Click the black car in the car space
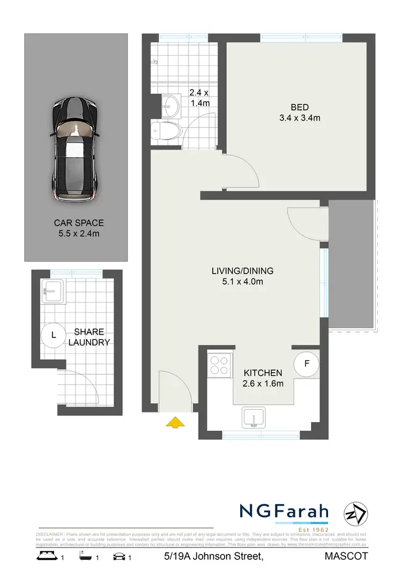pyautogui.click(x=76, y=150)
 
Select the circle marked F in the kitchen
pyautogui.click(x=307, y=364)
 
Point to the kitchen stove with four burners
pyautogui.click(x=220, y=364)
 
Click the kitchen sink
pyautogui.click(x=254, y=417)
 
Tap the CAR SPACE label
pyautogui.click(x=78, y=223)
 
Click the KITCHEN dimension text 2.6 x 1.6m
pyautogui.click(x=263, y=383)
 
